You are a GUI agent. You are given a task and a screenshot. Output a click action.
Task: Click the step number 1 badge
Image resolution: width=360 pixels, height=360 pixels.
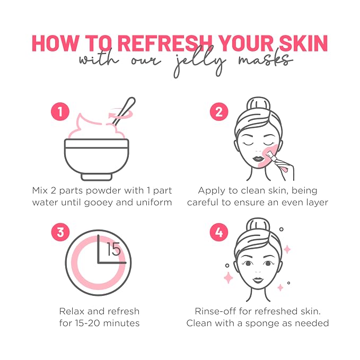pyautogui.click(x=60, y=111)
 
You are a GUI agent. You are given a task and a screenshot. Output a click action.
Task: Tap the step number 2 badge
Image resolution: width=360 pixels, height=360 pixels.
pyautogui.click(x=219, y=111)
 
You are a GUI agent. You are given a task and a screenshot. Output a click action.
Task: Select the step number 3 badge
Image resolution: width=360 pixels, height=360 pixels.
pyautogui.click(x=60, y=232)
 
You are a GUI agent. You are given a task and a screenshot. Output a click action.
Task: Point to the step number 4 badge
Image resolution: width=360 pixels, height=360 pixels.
pyautogui.click(x=219, y=232)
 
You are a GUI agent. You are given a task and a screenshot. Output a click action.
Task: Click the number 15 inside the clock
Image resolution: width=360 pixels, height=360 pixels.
pyautogui.click(x=114, y=249)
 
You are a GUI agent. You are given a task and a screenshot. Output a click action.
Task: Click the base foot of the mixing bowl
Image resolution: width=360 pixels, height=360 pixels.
pyautogui.click(x=96, y=177)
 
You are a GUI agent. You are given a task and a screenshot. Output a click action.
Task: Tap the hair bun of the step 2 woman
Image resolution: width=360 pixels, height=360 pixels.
pyautogui.click(x=258, y=104)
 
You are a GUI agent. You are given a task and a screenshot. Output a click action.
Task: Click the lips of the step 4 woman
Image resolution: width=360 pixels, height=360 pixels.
pyautogui.click(x=258, y=280)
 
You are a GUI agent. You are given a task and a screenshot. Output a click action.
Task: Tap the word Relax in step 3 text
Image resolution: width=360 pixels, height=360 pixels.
pyautogui.click(x=72, y=311)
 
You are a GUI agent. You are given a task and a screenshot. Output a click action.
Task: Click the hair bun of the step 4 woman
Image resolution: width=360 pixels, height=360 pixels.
pyautogui.click(x=258, y=225)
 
